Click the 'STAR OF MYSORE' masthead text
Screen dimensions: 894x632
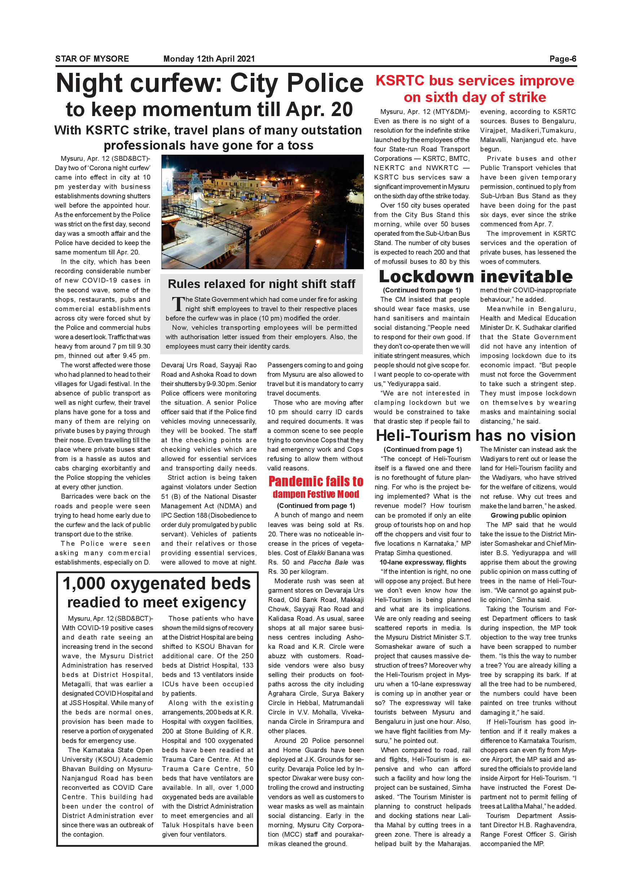click(92, 59)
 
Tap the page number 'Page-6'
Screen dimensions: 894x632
click(562, 59)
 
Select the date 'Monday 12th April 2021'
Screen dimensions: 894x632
click(209, 59)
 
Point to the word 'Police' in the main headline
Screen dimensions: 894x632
click(325, 83)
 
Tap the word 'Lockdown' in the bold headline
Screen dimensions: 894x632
click(426, 276)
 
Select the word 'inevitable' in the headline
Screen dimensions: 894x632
click(526, 276)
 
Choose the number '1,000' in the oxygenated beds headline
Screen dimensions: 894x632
click(84, 584)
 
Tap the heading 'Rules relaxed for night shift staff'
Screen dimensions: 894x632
click(262, 284)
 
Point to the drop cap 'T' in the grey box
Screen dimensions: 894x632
click(178, 304)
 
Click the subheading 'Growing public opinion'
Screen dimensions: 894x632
click(528, 515)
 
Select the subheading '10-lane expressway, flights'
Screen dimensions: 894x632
click(423, 562)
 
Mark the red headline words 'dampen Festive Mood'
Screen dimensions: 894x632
click(316, 495)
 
